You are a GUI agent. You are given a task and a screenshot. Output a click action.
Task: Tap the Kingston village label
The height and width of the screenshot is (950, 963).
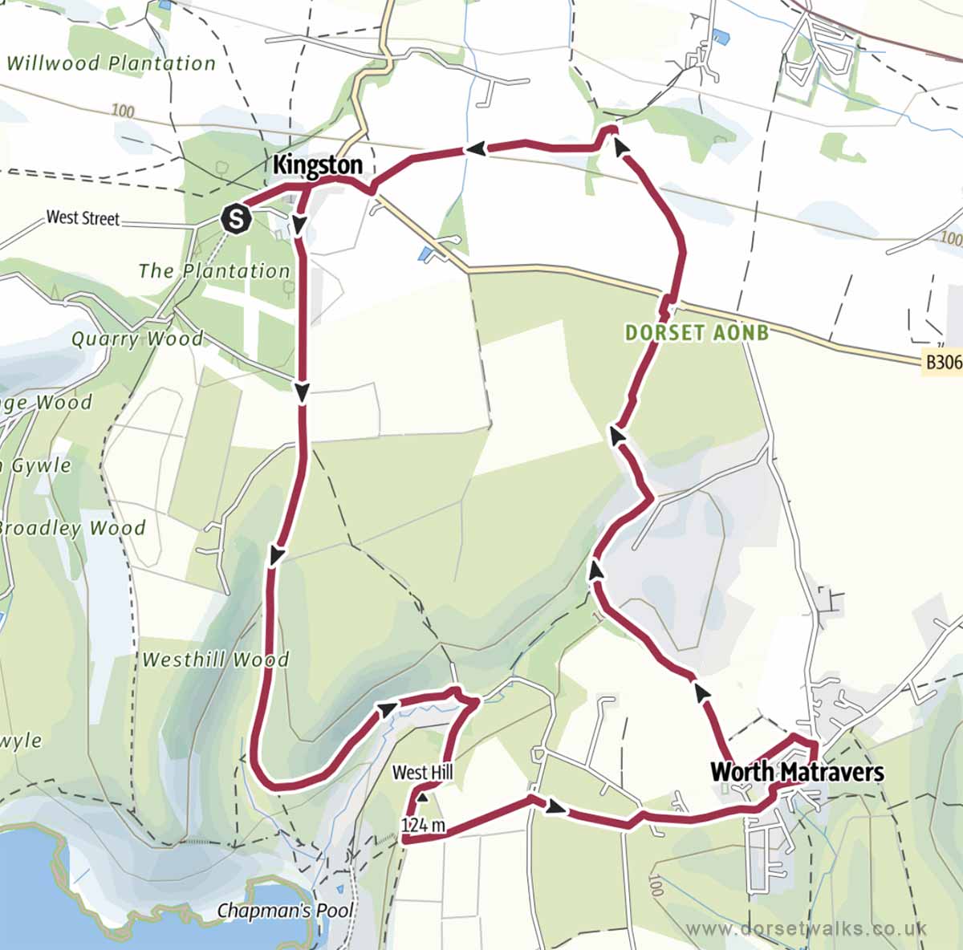[318, 165]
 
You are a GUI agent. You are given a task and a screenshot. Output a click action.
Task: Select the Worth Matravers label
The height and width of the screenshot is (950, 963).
[797, 772]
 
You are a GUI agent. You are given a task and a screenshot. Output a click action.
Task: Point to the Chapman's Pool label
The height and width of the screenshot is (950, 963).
[285, 911]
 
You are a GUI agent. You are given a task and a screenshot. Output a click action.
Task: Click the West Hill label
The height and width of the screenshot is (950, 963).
[422, 773]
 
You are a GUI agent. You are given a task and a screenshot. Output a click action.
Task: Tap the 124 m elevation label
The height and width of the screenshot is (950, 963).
[423, 825]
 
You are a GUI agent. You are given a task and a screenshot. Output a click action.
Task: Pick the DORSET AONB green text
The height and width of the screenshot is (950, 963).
[697, 332]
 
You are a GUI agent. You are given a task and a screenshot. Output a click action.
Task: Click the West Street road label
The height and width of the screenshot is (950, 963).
[83, 217]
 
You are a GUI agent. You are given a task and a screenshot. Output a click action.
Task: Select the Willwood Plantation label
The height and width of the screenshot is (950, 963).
[111, 63]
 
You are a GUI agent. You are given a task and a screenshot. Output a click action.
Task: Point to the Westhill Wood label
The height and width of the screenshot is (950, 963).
[215, 660]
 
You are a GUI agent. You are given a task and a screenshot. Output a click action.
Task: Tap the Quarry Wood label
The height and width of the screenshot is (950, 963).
[136, 339]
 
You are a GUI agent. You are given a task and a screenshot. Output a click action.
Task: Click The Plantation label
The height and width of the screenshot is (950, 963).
[213, 271]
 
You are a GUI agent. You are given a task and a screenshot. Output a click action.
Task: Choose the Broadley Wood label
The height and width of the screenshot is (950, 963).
[72, 528]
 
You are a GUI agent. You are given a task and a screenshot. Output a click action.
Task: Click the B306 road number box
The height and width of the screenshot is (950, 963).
[942, 362]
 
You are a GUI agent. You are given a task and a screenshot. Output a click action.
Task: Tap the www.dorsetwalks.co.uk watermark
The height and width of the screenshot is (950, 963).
[807, 928]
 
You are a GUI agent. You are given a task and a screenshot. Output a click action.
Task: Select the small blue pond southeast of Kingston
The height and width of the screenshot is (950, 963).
[424, 254]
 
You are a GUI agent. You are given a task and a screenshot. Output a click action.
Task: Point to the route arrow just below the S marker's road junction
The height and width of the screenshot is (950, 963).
[299, 226]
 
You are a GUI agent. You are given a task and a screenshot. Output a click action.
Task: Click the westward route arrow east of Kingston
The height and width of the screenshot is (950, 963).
[476, 148]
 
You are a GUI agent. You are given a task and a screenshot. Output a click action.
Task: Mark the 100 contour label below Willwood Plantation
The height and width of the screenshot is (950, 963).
[123, 110]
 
